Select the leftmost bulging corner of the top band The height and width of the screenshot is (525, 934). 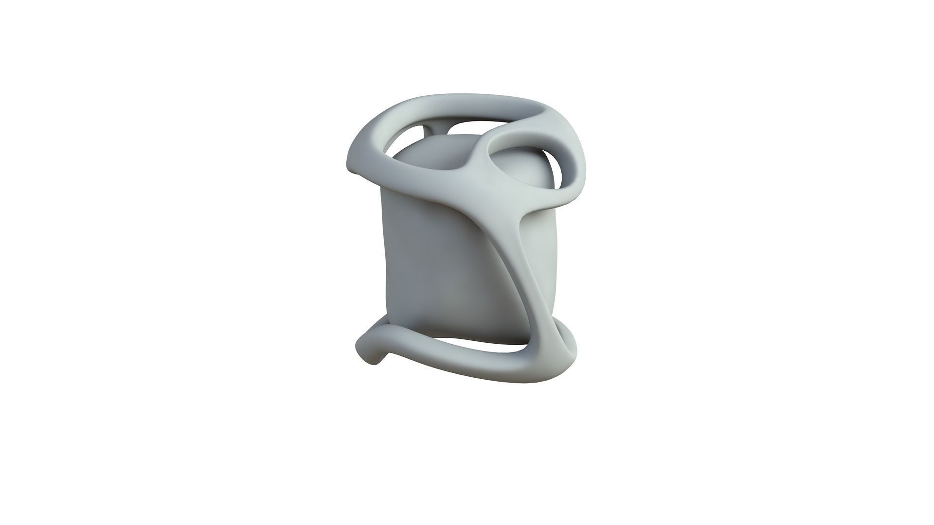349,163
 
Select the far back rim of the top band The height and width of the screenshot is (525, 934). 486,104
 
